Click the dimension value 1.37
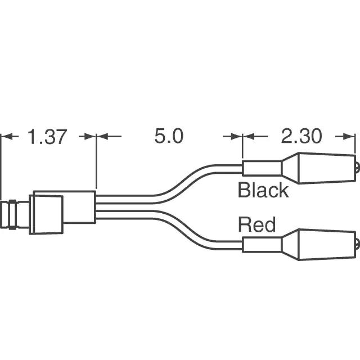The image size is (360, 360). tap(47, 137)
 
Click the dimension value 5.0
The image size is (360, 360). tap(169, 137)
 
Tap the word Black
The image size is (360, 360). tap(263, 190)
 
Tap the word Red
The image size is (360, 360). tap(257, 225)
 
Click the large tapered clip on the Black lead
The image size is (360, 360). tap(318, 168)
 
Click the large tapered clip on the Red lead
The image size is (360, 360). tap(318, 244)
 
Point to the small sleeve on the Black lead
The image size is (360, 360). tap(262, 168)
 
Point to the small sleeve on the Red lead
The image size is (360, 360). tap(262, 245)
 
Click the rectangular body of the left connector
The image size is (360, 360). tap(79, 207)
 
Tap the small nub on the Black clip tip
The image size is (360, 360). tap(357, 167)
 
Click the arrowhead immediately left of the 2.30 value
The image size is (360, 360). tap(249, 137)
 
